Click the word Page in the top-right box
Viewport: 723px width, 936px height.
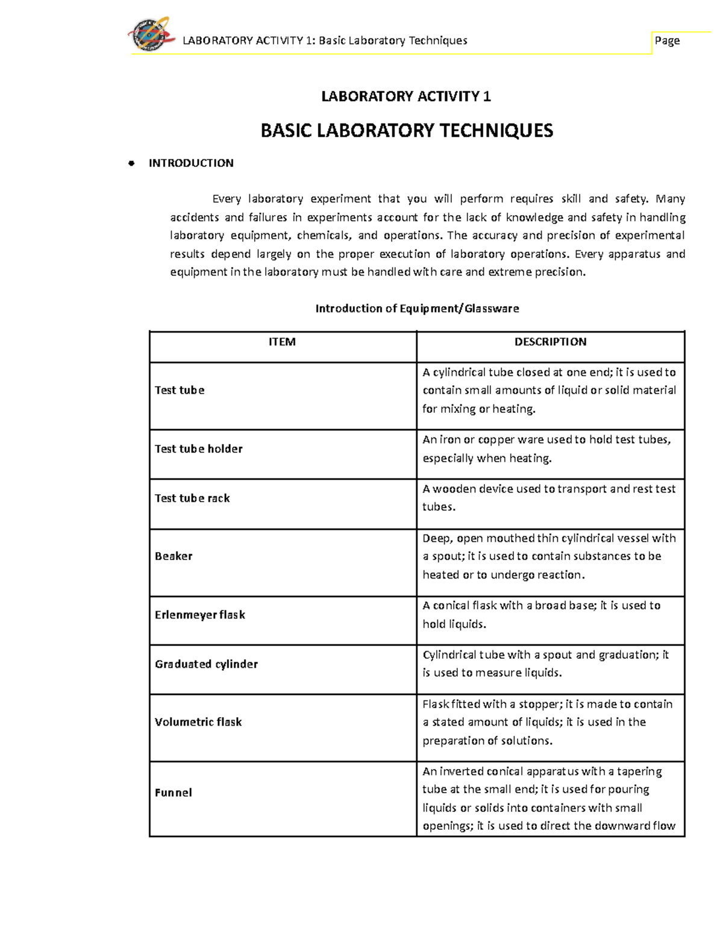(x=667, y=40)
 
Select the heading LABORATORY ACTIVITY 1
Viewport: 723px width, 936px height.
(x=406, y=96)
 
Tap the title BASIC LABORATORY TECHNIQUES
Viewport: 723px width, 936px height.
(x=407, y=131)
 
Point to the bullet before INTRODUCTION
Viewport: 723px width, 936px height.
(x=131, y=163)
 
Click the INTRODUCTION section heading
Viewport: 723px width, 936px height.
(x=191, y=163)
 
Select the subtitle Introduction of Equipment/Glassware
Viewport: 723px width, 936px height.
(x=417, y=309)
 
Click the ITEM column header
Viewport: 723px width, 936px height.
(x=282, y=342)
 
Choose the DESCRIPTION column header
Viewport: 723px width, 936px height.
(x=550, y=342)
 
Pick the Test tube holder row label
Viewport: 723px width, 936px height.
(x=198, y=449)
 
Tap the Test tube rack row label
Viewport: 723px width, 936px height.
(x=192, y=498)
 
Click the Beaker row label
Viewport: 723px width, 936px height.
(x=174, y=556)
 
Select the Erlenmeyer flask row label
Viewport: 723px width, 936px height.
(x=199, y=615)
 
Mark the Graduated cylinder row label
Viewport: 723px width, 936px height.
(x=206, y=664)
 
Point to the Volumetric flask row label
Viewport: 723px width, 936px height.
(x=198, y=722)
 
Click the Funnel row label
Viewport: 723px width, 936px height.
(x=173, y=793)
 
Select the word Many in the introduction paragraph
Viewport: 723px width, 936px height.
(x=670, y=199)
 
